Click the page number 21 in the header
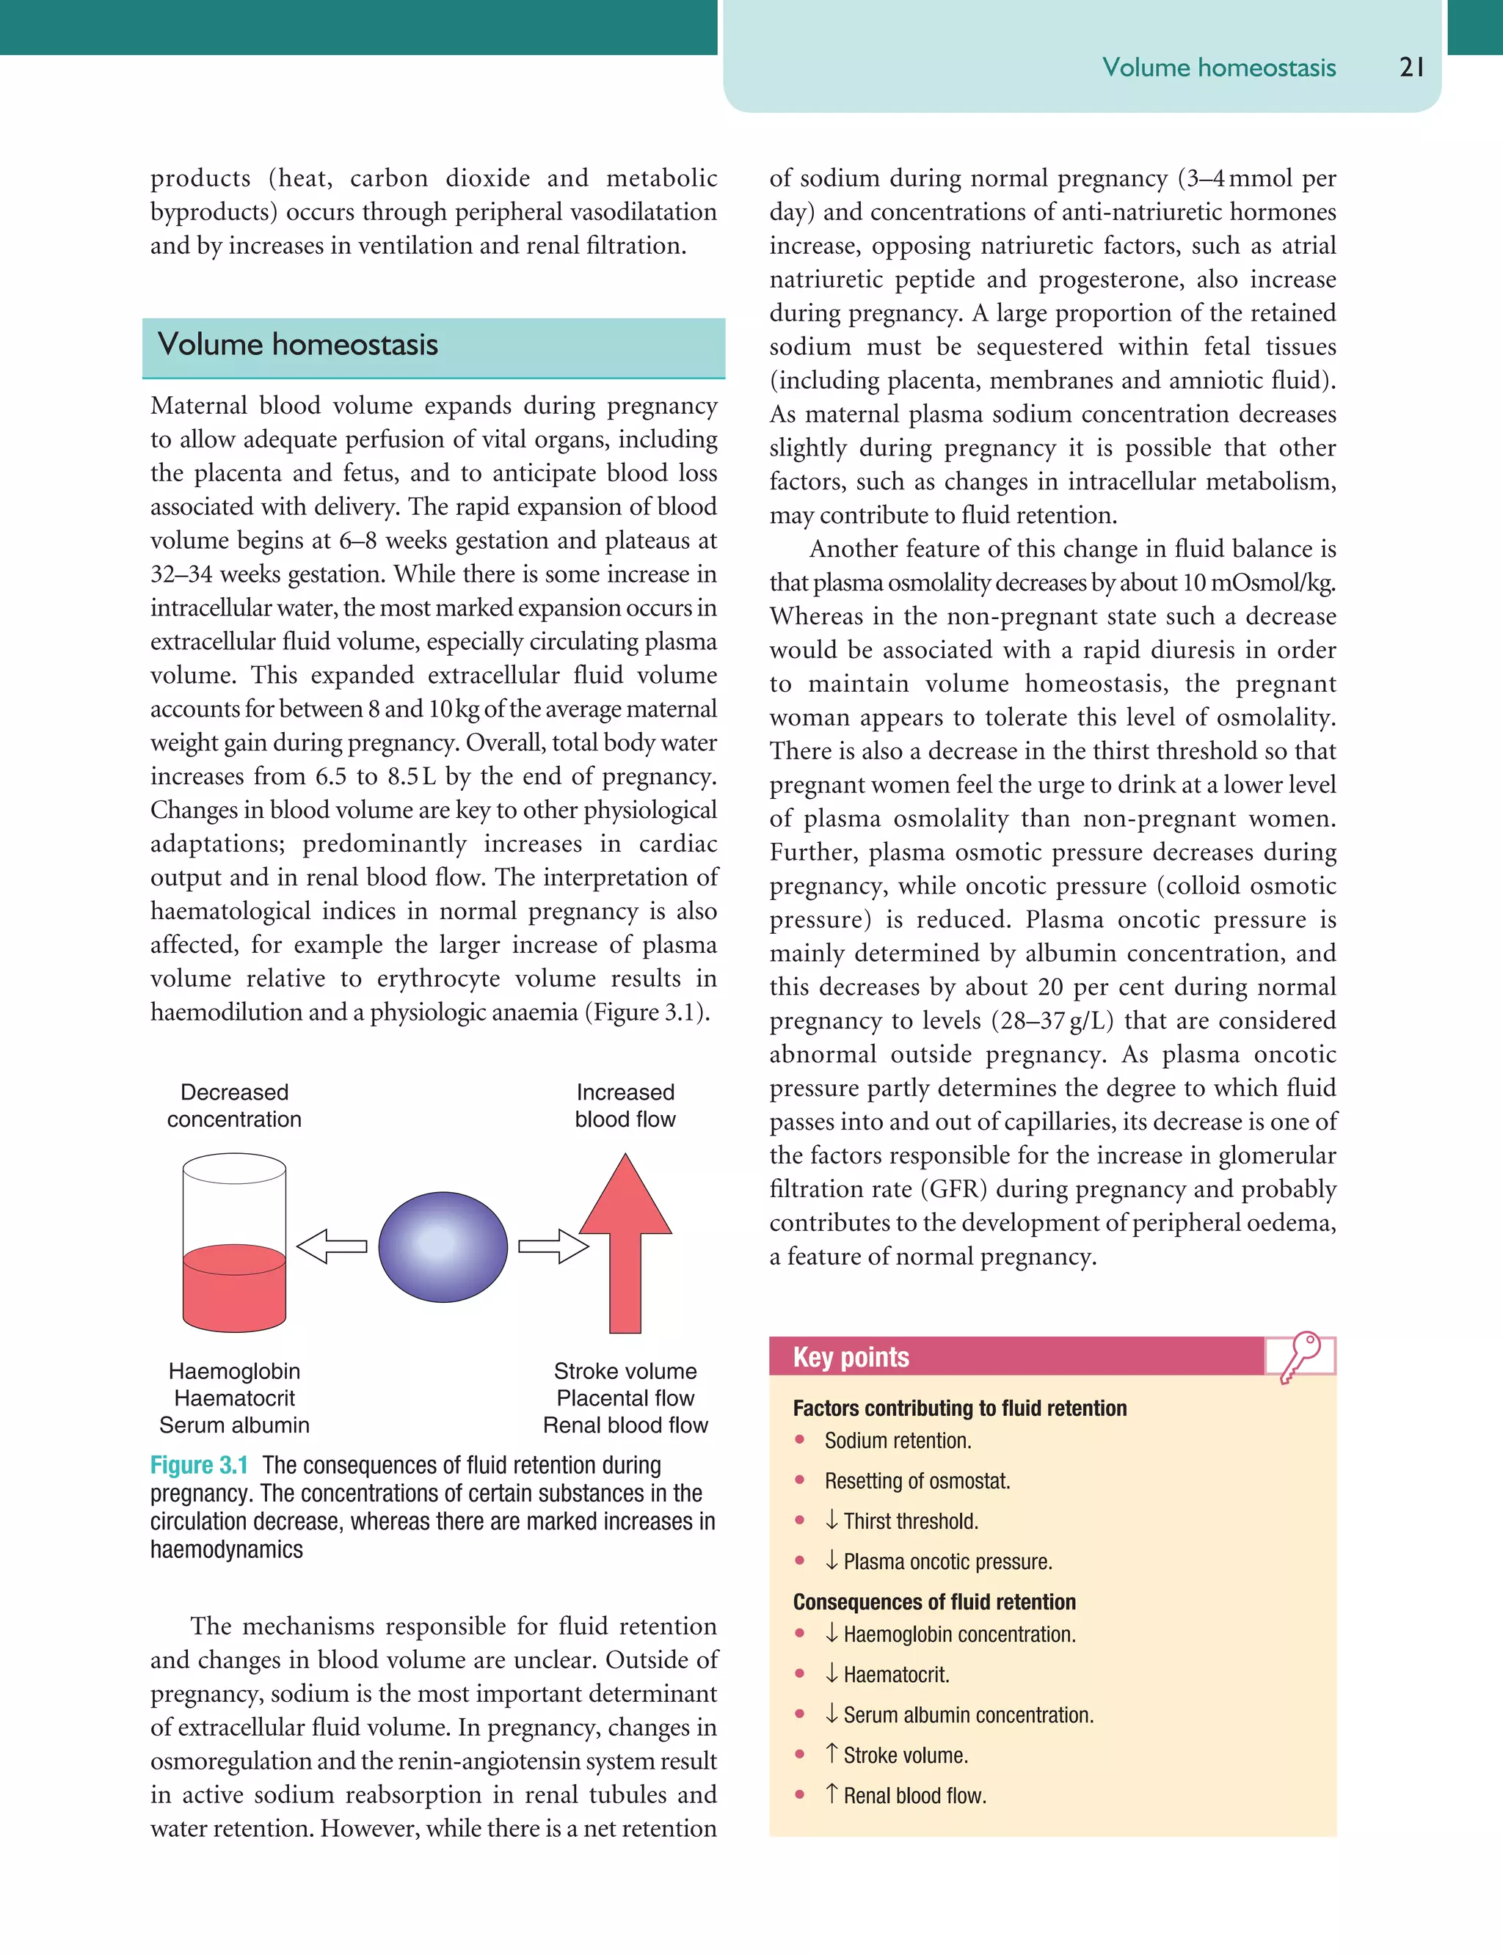click(1411, 67)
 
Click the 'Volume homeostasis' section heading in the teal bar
click(297, 344)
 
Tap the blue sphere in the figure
click(443, 1246)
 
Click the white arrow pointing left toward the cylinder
click(332, 1246)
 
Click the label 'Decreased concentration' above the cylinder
click(234, 1106)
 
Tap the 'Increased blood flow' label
click(625, 1106)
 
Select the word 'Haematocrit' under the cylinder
click(234, 1397)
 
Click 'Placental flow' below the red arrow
click(625, 1397)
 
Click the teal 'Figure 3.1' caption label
click(199, 1465)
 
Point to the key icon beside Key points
click(1300, 1356)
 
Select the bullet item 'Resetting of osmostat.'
click(917, 1481)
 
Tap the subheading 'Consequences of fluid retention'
click(934, 1601)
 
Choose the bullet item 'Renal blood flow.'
click(914, 1796)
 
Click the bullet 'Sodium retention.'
click(898, 1441)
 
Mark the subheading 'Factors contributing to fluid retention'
click(959, 1408)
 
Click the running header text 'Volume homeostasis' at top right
click(1218, 68)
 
